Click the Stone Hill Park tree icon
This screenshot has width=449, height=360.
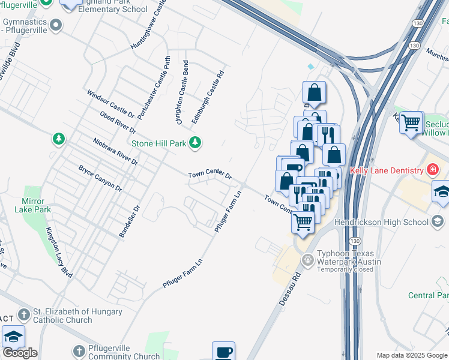(194, 142)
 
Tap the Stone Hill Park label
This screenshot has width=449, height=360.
(159, 143)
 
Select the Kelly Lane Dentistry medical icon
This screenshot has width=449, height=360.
(431, 171)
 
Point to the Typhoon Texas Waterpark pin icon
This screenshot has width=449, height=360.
(308, 259)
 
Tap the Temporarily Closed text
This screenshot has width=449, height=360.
(345, 269)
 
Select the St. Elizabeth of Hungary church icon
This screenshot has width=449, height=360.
(23, 314)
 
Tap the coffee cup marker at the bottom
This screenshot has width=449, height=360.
(223, 352)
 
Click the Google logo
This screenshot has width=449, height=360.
(20, 353)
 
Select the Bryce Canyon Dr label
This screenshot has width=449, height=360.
(100, 178)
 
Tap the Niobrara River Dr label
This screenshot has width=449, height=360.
(116, 151)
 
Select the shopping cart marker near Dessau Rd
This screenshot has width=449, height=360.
(303, 221)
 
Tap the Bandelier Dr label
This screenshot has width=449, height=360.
(129, 221)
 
